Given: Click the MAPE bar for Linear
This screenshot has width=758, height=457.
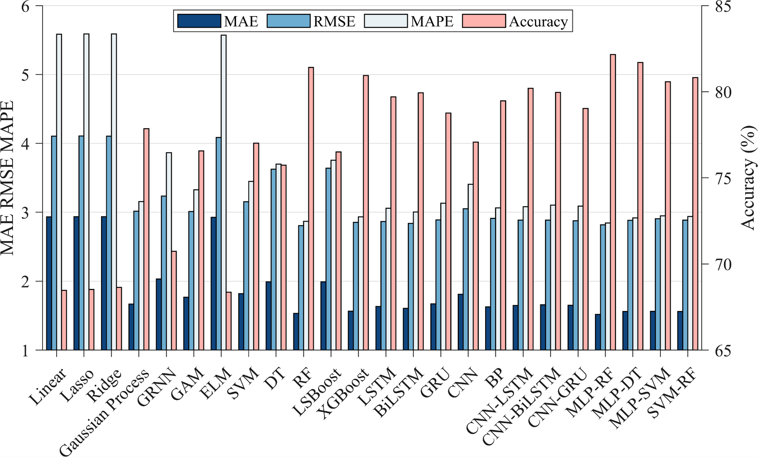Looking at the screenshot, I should pos(59,192).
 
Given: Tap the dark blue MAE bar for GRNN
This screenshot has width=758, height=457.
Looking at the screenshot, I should pos(159,314).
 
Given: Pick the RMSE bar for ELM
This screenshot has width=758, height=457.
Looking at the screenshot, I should pos(218,244).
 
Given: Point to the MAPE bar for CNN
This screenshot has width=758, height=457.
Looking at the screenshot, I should pos(470,267).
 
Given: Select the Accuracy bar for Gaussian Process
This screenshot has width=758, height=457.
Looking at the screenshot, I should pos(146,239).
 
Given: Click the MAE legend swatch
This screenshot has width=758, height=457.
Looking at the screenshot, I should pos(199,21).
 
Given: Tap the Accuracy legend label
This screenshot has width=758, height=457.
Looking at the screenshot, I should pos(538,22).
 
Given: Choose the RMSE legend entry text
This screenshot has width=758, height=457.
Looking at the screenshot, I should pos(334,22).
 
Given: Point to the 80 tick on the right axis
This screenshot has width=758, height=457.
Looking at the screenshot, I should pos(723,92).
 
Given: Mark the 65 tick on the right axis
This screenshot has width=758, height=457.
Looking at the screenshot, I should pos(723,350).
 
